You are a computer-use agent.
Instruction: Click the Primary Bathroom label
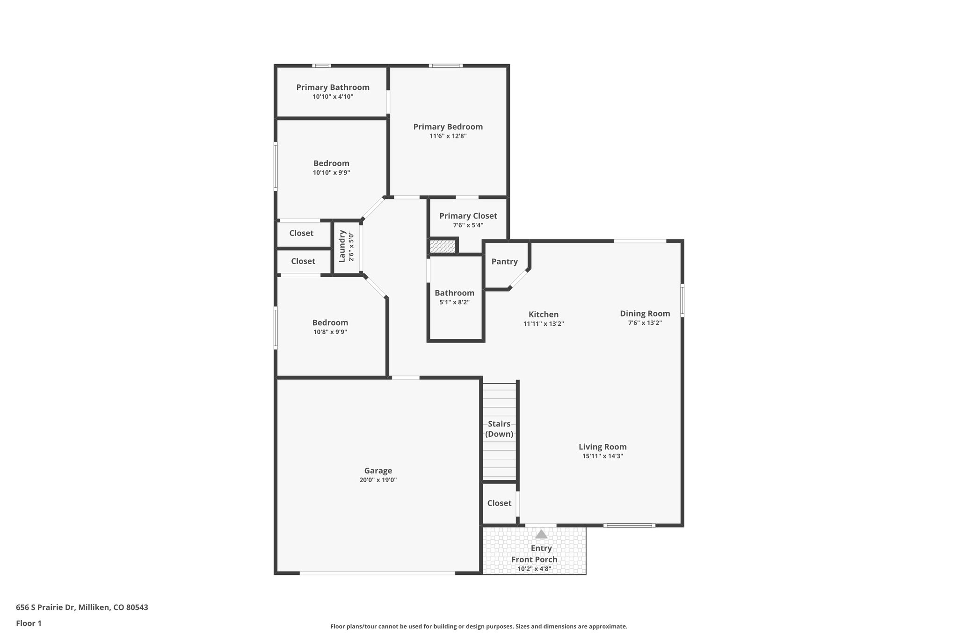333,87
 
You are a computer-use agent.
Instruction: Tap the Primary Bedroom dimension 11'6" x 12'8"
448,136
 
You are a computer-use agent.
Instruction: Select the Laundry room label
342,246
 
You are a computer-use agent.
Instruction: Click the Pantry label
504,262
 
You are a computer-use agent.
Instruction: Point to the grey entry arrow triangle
541,534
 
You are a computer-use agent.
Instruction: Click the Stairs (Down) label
499,429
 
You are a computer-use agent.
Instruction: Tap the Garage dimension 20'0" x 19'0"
378,480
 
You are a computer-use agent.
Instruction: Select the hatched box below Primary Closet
443,246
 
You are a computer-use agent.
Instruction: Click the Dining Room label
645,314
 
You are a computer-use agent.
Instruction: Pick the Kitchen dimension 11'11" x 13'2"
543,323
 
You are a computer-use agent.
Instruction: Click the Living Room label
602,447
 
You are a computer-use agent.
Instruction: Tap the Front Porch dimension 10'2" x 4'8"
534,569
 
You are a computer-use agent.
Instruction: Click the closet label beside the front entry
499,503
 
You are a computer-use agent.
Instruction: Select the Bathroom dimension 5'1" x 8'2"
454,302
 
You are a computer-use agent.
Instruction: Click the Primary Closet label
468,216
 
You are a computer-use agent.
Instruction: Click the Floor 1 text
29,623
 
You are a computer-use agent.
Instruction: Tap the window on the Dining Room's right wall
682,300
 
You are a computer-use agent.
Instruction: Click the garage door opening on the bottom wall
377,573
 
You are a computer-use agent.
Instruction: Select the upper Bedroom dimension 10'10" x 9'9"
331,173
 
